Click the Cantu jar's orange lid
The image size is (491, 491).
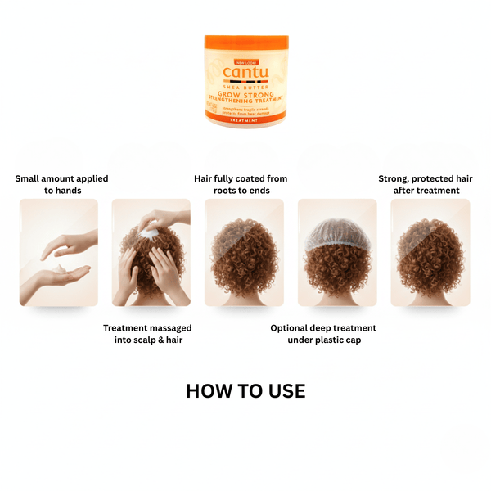click(x=245, y=43)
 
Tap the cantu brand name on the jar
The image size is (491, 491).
click(x=245, y=74)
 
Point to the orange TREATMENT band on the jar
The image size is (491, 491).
click(x=245, y=121)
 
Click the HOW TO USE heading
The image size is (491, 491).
click(x=245, y=391)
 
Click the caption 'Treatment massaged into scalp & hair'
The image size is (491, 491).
click(x=147, y=333)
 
